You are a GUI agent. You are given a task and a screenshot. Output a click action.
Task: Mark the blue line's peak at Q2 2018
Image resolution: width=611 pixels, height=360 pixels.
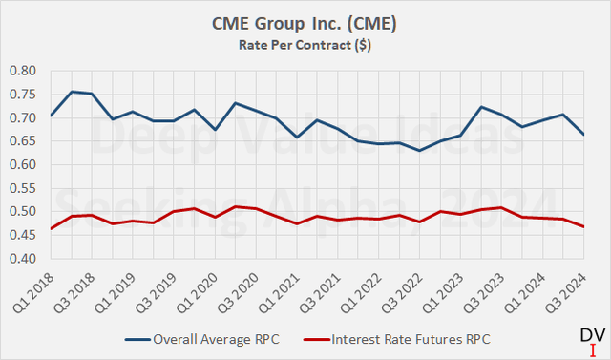(72, 92)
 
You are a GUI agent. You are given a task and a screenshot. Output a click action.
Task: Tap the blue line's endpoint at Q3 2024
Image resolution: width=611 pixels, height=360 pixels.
(585, 135)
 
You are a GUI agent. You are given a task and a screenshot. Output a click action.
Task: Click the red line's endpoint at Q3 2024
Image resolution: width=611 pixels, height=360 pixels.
(585, 226)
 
